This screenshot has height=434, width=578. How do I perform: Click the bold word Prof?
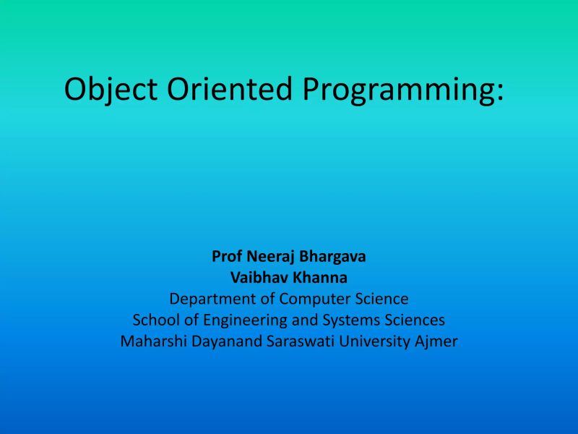[227, 256]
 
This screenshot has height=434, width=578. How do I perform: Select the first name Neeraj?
[272, 256]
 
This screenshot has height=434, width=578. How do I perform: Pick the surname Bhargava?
[334, 256]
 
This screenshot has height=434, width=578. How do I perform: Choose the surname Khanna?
[319, 277]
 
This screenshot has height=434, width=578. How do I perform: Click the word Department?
[214, 299]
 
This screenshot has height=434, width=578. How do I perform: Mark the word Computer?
[313, 299]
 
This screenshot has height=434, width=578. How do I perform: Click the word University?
[369, 341]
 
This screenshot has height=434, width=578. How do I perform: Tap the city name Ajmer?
[436, 341]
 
